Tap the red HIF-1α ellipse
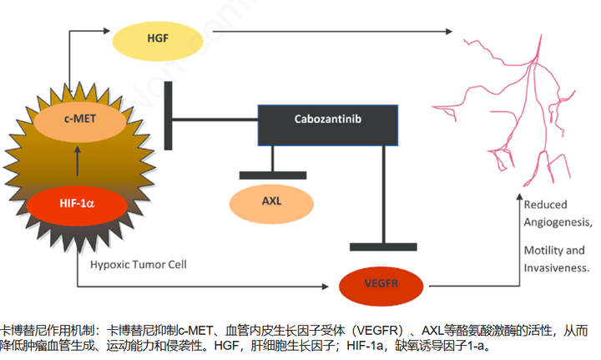(x=76, y=203)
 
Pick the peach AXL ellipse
(x=271, y=202)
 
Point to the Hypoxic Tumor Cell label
(x=138, y=265)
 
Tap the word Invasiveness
(x=557, y=268)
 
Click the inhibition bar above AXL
(x=272, y=175)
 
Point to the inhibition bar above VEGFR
(x=383, y=246)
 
